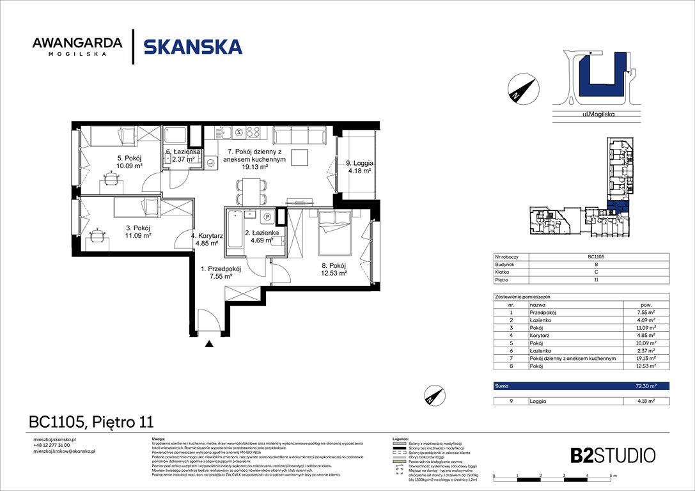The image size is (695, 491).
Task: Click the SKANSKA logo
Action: [192, 47]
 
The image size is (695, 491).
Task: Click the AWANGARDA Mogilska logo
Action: [77, 47]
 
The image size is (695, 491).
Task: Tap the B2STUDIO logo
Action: [613, 455]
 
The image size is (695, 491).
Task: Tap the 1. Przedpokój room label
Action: [221, 274]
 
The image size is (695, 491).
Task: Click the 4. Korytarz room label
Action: [206, 239]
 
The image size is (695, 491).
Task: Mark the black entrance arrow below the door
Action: [209, 345]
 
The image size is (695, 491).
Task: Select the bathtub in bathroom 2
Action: [234, 231]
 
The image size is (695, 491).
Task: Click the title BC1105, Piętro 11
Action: [91, 421]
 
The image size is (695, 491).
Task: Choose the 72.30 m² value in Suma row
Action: [646, 386]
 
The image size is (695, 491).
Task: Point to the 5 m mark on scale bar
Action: [611, 476]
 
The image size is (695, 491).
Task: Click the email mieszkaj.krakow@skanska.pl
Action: [64, 451]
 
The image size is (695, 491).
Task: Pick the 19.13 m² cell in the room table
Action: [646, 359]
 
